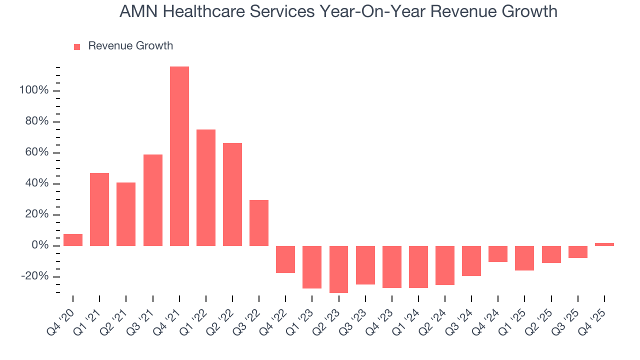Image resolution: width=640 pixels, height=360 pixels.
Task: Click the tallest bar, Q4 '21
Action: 179,156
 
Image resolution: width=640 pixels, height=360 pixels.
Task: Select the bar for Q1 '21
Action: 99,209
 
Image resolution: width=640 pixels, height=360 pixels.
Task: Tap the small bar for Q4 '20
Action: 73,240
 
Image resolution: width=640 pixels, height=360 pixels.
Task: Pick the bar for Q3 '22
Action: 259,223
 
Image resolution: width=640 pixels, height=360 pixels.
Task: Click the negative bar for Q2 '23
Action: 338,269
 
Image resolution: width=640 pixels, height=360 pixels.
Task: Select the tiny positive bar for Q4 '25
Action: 604,244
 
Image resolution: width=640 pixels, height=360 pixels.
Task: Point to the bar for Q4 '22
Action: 285,259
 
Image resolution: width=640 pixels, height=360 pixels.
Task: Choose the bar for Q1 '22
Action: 206,187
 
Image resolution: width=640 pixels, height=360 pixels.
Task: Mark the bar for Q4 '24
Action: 498,254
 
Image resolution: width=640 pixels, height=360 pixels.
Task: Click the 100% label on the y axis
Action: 33,90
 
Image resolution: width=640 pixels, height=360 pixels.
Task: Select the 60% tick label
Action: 36,152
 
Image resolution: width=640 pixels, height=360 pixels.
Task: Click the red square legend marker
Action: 77,46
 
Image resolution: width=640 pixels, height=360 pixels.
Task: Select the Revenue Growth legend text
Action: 130,46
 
